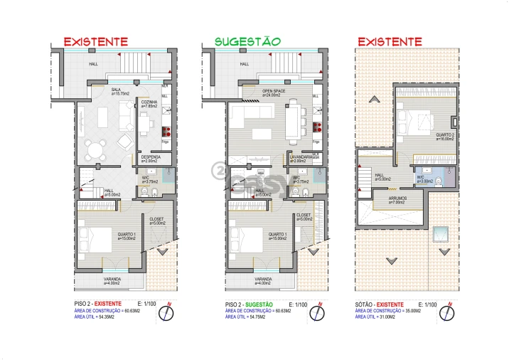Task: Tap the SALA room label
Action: pos(115,90)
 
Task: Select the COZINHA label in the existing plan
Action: pos(149,102)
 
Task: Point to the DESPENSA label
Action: pos(150,157)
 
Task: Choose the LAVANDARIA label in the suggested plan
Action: pos(301,157)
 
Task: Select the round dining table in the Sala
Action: pos(95,149)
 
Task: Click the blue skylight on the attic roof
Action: pos(441,233)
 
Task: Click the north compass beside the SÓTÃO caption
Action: pos(450,312)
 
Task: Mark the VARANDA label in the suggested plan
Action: pos(263,279)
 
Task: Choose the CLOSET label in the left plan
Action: pos(157,219)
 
